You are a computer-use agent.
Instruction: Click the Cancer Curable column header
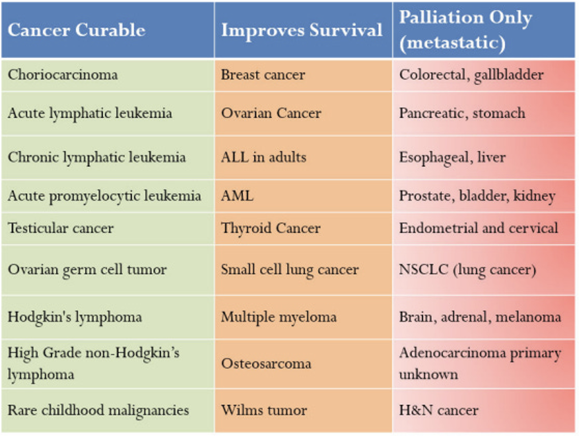[x=76, y=30]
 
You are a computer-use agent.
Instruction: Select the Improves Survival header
[x=301, y=30]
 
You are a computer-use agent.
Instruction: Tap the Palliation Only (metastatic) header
[x=465, y=30]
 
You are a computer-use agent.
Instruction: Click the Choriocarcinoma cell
[x=63, y=75]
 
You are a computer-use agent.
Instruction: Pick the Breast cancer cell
[x=263, y=75]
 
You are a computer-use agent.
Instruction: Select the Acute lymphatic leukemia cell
[x=90, y=113]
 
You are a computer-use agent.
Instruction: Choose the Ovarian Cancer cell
[x=271, y=113]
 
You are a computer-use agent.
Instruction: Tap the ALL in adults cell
[x=263, y=157]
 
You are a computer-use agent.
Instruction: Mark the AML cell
[x=237, y=196]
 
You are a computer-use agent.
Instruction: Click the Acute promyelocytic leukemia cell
[x=104, y=196]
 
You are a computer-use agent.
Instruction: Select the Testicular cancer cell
[x=61, y=228]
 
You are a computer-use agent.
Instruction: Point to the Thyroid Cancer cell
[x=271, y=228]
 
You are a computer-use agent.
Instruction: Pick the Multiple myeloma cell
[x=279, y=317]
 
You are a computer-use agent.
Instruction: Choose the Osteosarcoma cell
[x=266, y=364]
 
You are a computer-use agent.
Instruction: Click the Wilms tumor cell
[x=264, y=410]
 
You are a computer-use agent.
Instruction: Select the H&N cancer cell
[x=439, y=410]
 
